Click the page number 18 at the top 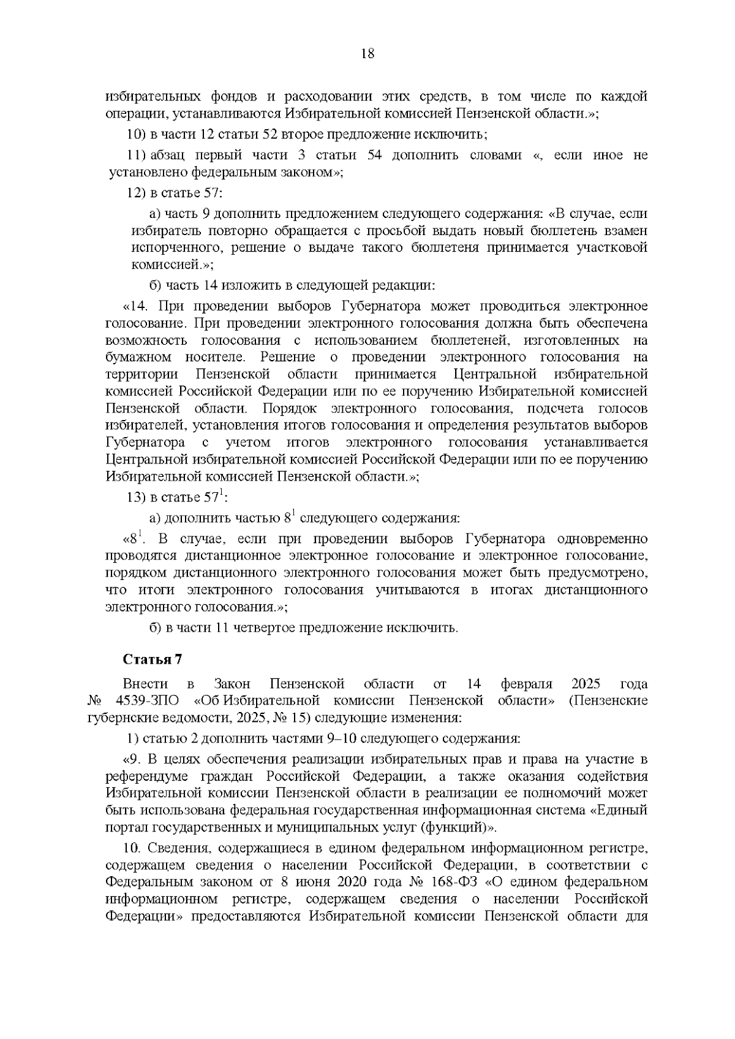(x=367, y=53)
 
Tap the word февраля (x=527, y=683)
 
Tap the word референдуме (x=146, y=776)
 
